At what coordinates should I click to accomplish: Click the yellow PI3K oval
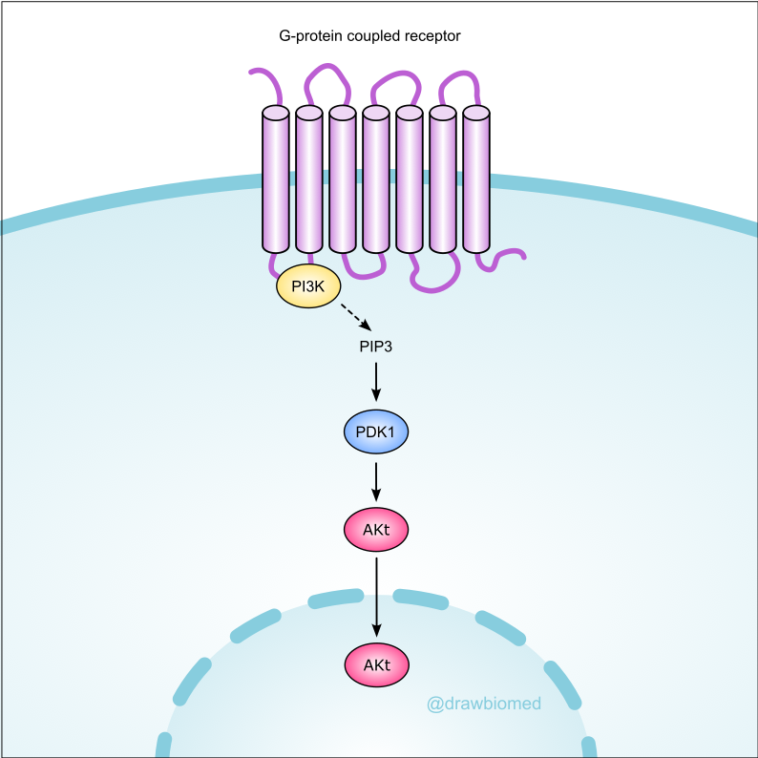[308, 286]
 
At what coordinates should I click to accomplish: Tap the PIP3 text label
[375, 346]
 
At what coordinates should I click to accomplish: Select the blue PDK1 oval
[375, 432]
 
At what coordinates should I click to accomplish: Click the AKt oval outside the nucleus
[375, 529]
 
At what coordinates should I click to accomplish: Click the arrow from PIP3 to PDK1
[375, 382]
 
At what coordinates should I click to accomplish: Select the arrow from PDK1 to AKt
[375, 480]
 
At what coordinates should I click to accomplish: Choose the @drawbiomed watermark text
[484, 705]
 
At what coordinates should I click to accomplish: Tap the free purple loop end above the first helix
[254, 72]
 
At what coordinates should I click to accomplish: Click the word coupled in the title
[369, 37]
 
